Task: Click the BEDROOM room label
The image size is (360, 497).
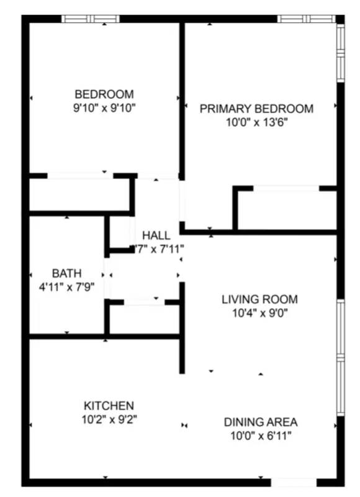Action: click(104, 94)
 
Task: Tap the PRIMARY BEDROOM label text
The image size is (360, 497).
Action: click(256, 109)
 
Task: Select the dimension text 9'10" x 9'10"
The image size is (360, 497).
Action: click(104, 108)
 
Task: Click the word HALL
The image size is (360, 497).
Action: click(156, 235)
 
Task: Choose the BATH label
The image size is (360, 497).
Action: click(66, 273)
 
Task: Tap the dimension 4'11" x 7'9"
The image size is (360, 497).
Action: click(66, 287)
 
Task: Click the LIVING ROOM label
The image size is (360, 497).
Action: click(259, 299)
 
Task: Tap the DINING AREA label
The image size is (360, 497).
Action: click(261, 422)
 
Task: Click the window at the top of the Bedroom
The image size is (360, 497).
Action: click(90, 19)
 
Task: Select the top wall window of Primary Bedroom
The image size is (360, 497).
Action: click(305, 19)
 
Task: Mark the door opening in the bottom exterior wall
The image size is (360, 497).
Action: click(294, 482)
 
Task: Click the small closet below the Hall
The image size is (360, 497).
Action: click(144, 319)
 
